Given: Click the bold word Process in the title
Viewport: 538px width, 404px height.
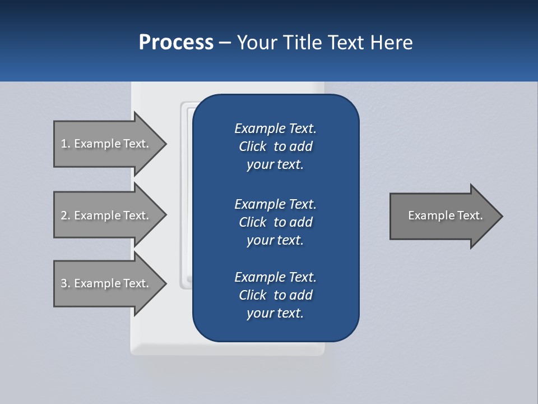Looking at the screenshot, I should [176, 43].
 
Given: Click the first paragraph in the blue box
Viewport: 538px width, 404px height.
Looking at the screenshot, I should [275, 146].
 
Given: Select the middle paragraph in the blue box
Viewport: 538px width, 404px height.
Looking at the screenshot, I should [275, 222].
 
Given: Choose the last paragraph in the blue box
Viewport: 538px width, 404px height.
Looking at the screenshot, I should [275, 295].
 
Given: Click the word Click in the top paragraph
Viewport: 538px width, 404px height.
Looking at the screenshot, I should [252, 146].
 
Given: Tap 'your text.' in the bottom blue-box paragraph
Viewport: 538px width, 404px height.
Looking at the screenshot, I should [275, 313].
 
